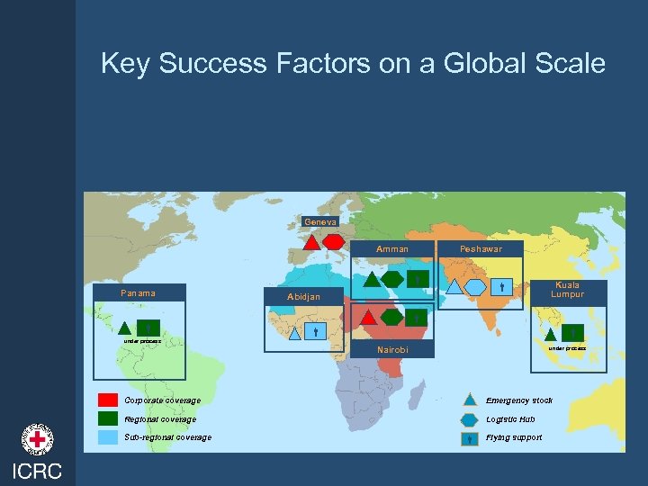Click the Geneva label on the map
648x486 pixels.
[x=320, y=222]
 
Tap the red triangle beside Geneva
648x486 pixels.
[x=311, y=241]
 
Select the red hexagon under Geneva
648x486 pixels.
[x=333, y=241]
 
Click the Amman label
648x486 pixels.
[x=392, y=249]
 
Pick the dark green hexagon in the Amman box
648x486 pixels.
[x=393, y=279]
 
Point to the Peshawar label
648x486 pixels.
[x=481, y=249]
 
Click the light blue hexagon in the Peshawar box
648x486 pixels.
[x=475, y=287]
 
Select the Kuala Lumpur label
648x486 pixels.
[x=567, y=289]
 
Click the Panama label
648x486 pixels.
[x=139, y=292]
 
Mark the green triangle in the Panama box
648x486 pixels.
[x=125, y=328]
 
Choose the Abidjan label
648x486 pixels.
[x=303, y=296]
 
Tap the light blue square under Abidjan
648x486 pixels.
[x=316, y=331]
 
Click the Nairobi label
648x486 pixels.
[x=392, y=349]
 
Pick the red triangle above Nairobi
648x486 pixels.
[x=367, y=317]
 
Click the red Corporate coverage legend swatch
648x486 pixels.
[x=108, y=400]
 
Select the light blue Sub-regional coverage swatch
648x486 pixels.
[x=108, y=437]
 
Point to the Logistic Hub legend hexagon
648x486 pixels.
[x=470, y=419]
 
